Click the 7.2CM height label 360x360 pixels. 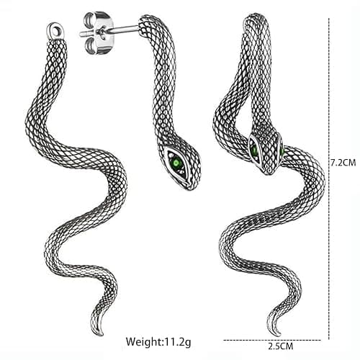[343, 163]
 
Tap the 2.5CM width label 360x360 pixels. [281, 346]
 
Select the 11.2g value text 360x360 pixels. [177, 341]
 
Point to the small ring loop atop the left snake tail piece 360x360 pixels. [55, 30]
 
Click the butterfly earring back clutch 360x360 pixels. [95, 32]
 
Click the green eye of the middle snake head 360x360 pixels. [178, 163]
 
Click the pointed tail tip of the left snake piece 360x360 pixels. [102, 335]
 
